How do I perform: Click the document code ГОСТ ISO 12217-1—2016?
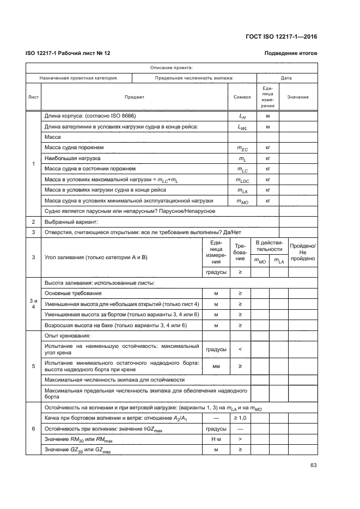click(280, 36)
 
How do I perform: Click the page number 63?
click(313, 465)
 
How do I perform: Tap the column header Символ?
click(242, 97)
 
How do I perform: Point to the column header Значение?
click(298, 97)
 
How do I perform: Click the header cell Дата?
click(286, 78)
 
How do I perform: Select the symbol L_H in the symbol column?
click(242, 116)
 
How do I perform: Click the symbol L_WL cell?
click(242, 127)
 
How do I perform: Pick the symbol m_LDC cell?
click(242, 180)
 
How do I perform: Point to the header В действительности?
click(269, 245)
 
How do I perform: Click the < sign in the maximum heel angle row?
click(240, 348)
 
